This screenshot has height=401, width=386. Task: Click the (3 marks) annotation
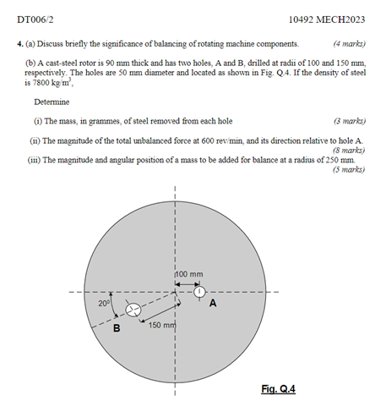349,121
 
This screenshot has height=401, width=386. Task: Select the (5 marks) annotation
349,169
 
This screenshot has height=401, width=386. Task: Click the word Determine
53,102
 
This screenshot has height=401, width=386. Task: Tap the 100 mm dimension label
190,273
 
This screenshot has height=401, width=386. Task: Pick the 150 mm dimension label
162,325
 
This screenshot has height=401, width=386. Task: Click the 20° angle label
104,301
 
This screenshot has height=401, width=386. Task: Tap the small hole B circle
133,310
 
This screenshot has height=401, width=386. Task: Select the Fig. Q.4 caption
278,388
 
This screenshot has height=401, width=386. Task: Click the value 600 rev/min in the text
219,140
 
